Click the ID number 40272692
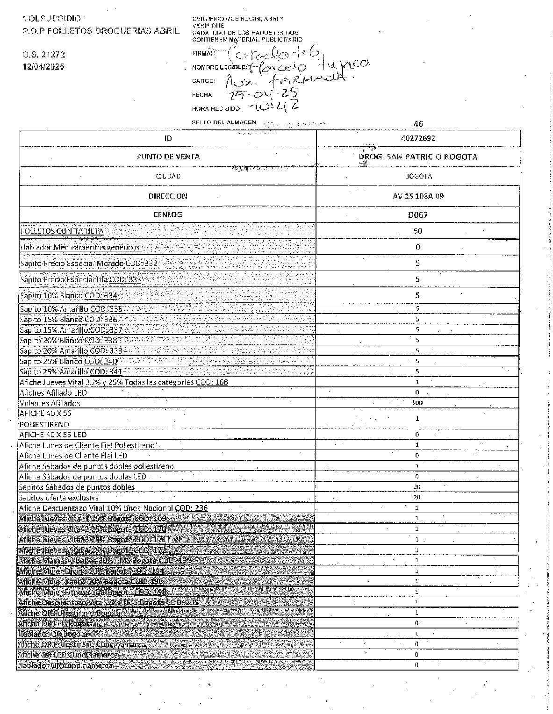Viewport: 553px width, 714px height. [418, 138]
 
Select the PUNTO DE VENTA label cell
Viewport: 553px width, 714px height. [168, 157]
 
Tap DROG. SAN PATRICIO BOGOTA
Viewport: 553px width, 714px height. [418, 157]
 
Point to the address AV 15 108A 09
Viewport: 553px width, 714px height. [418, 196]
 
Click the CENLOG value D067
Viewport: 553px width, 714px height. [418, 215]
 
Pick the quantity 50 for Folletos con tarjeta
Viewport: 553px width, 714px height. [418, 231]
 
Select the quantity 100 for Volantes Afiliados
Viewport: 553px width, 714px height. [417, 403]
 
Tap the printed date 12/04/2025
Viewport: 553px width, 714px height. [43, 66]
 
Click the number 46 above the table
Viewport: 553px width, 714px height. [418, 124]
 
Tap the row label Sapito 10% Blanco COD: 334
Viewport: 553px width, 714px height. [68, 295]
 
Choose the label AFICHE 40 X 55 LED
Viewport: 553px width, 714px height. [52, 435]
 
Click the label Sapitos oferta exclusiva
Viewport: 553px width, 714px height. [59, 498]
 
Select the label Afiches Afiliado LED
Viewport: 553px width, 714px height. [53, 393]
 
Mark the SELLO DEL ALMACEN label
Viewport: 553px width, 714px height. [224, 122]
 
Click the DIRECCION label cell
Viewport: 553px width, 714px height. [168, 196]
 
